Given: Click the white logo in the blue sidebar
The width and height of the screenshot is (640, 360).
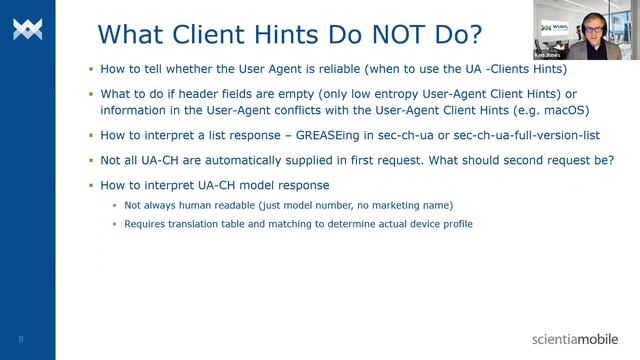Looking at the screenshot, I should click(27, 29).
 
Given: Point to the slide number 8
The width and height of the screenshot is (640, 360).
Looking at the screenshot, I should click(20, 338).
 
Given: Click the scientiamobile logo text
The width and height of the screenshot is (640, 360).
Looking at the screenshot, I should click(575, 339).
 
